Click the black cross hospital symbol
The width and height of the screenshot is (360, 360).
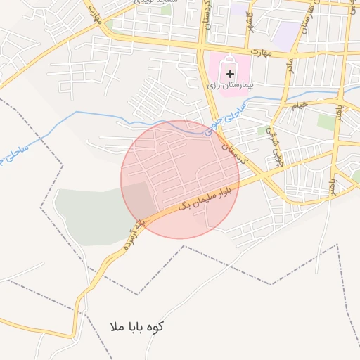(x=231, y=73)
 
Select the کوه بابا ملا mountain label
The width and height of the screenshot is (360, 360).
(x=137, y=327)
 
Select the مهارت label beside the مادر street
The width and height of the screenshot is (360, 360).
(x=262, y=51)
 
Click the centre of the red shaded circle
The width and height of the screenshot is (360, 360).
(x=180, y=179)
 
